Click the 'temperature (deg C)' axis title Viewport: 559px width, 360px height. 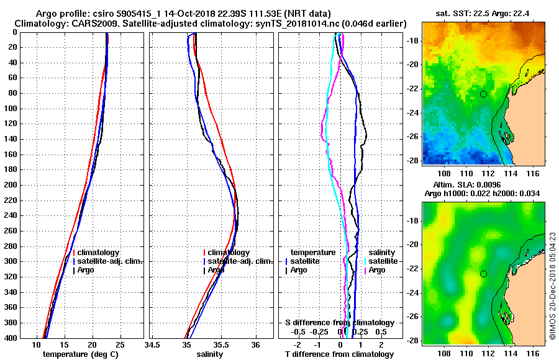pyautogui.click(x=80, y=354)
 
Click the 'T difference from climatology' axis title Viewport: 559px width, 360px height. pyautogui.click(x=339, y=354)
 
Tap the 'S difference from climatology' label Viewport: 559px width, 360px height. pyautogui.click(x=339, y=323)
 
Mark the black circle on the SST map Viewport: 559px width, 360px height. pyautogui.click(x=483, y=94)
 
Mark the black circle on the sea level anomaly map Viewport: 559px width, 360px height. pyautogui.click(x=483, y=274)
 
